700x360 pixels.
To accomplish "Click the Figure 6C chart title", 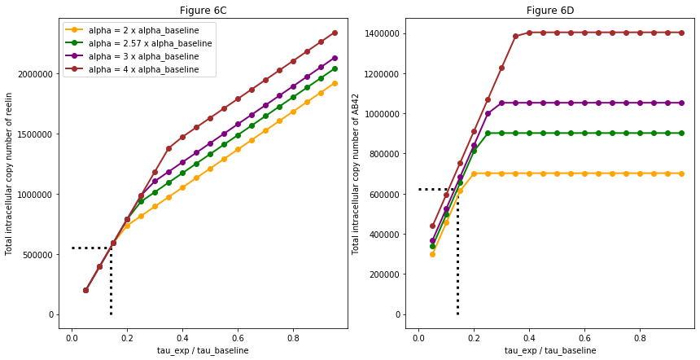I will pos(202,11).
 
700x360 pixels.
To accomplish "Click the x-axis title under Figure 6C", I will pos(202,350).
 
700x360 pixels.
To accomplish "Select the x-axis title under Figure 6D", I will pos(551,350).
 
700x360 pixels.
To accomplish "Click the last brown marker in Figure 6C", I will pos(335,33).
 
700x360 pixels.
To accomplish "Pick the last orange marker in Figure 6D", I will pos(681,173).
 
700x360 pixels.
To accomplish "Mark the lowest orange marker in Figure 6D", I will pos(432,254).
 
